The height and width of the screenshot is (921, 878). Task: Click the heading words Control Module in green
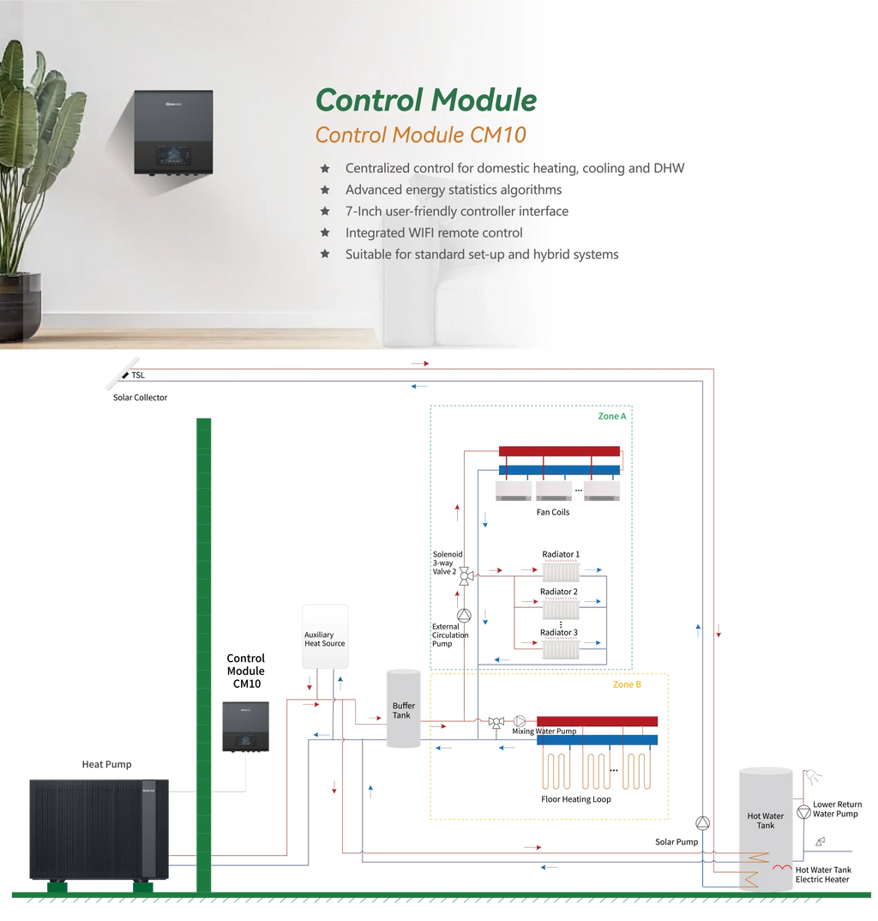click(426, 100)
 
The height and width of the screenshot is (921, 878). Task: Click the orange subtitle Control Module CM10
click(420, 135)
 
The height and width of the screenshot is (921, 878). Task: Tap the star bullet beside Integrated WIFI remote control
click(325, 232)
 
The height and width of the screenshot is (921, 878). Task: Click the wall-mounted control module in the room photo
click(173, 132)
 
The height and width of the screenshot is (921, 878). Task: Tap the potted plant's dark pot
click(20, 304)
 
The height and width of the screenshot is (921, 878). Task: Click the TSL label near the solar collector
click(138, 375)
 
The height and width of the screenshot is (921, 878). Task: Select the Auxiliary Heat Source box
click(325, 637)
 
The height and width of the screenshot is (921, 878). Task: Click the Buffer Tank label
click(403, 711)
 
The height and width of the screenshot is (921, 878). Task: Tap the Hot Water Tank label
click(765, 821)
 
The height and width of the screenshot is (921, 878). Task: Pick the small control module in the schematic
click(246, 725)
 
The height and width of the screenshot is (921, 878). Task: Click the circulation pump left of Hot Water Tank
click(703, 823)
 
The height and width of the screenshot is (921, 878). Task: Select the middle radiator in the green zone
click(561, 609)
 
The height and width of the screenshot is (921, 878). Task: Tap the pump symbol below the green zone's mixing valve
click(463, 616)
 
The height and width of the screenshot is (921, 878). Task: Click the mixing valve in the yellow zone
click(496, 722)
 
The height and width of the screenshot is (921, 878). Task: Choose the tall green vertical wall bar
click(204, 652)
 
